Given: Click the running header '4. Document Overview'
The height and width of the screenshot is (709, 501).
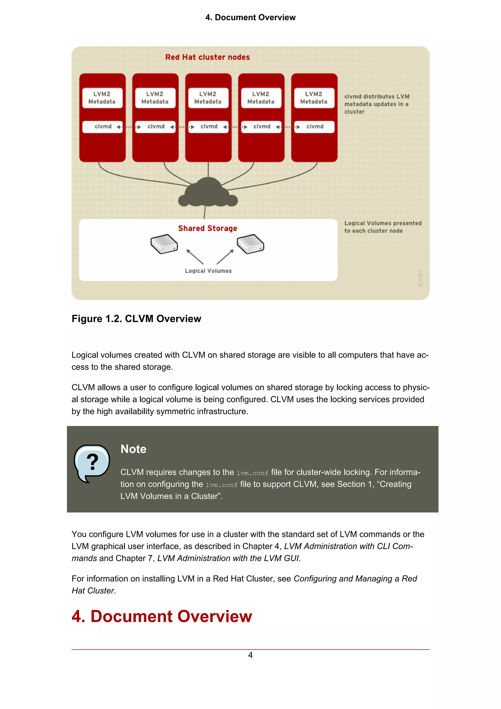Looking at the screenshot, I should [x=250, y=17].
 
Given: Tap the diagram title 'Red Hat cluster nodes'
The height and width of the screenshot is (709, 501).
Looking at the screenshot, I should [x=207, y=57].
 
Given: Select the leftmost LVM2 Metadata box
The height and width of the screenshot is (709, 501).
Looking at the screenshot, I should [x=102, y=98].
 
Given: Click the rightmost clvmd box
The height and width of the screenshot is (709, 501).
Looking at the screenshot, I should [x=314, y=127].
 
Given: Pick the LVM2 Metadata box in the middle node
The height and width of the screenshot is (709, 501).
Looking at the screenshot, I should [x=208, y=98].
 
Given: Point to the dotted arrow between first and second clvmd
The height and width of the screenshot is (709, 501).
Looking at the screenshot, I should [x=129, y=127].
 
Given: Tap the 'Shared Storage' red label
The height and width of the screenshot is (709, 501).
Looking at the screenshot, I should [x=207, y=228].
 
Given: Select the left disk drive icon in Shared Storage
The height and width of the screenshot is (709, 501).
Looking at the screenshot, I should [x=164, y=244].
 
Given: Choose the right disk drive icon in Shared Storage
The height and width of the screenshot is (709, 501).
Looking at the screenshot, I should [x=250, y=244].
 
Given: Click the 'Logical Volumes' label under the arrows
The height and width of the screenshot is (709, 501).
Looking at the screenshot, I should [x=208, y=271].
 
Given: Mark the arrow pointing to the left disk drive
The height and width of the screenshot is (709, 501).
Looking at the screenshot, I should [x=194, y=256].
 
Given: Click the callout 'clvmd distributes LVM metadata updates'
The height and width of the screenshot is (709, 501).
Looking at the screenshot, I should [x=376, y=104].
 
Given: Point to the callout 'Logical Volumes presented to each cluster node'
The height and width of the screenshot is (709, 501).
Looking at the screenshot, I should [x=383, y=227].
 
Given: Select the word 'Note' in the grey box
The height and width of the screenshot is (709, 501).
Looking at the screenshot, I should [x=133, y=449].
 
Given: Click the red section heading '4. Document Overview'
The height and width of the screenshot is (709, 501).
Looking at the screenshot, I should [x=162, y=616].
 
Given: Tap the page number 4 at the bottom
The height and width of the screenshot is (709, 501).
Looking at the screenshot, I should [x=250, y=655].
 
